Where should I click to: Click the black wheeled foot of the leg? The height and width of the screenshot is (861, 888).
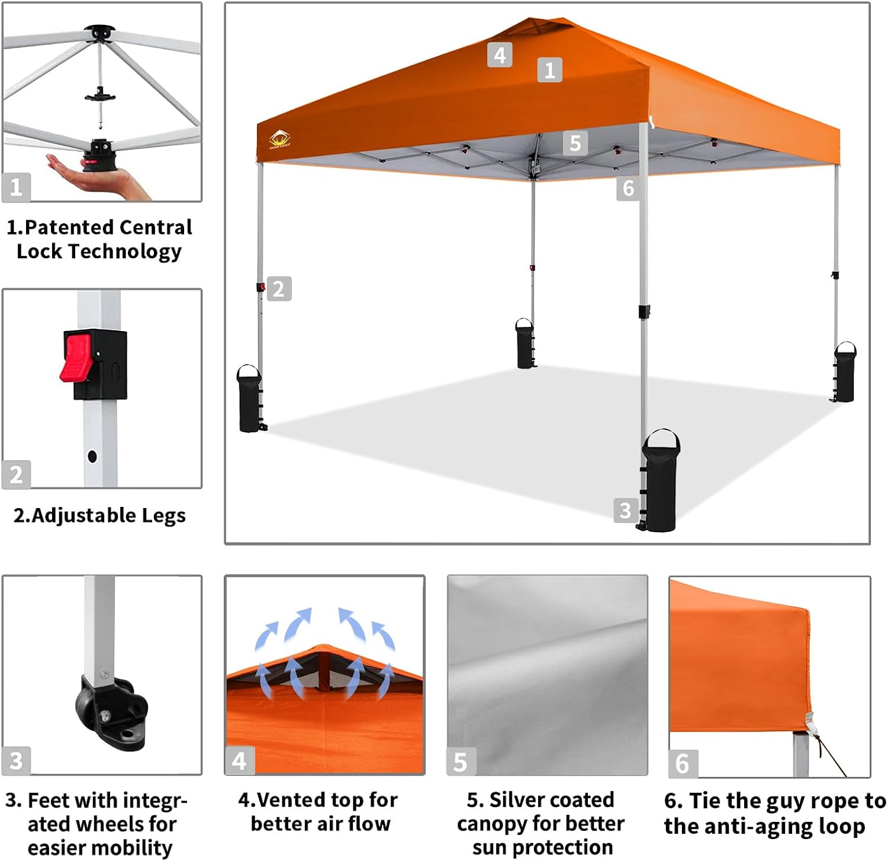pos(112,714)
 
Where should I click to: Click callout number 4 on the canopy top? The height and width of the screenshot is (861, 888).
pos(500,55)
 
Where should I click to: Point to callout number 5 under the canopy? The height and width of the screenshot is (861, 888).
pos(575,143)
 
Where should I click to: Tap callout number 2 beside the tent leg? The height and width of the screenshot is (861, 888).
pos(279,289)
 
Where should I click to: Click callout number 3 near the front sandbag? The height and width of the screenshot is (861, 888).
pos(626,510)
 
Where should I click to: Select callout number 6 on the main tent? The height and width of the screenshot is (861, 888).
pos(628,188)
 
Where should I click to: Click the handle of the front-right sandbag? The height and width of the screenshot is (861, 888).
pos(661,438)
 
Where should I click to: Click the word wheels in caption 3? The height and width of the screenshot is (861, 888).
pos(146,824)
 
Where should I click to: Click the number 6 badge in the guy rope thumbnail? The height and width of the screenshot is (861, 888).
pos(683,764)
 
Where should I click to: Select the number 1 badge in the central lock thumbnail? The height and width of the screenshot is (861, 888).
pos(16,187)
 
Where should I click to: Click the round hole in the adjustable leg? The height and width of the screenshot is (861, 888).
pos(92,457)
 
